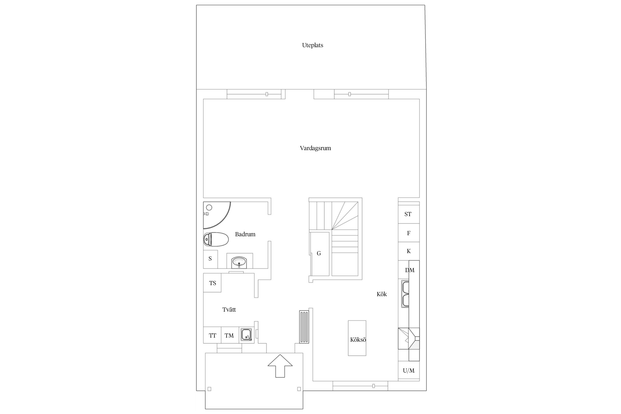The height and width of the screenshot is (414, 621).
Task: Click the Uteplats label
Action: click(x=312, y=45)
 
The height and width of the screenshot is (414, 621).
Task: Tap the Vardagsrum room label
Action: click(x=315, y=148)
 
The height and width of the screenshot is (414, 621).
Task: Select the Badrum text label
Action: click(x=245, y=234)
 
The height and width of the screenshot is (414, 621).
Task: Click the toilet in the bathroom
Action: click(x=216, y=239)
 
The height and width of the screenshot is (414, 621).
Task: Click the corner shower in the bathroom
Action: click(x=217, y=215)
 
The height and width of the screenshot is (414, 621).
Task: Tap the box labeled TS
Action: click(x=212, y=283)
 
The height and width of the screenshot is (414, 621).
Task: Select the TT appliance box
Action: click(x=212, y=335)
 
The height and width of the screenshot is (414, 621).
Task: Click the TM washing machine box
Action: click(x=230, y=335)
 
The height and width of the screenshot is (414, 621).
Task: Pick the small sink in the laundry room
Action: click(x=246, y=335)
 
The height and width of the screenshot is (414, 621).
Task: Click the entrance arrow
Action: click(x=280, y=366)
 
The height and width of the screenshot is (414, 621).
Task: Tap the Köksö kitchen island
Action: click(x=357, y=338)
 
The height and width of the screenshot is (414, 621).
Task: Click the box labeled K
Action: click(x=409, y=251)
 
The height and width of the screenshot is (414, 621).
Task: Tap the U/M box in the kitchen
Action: click(x=409, y=371)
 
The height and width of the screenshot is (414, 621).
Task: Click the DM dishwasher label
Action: click(x=410, y=270)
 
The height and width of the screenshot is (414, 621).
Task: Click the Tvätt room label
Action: click(x=229, y=310)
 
